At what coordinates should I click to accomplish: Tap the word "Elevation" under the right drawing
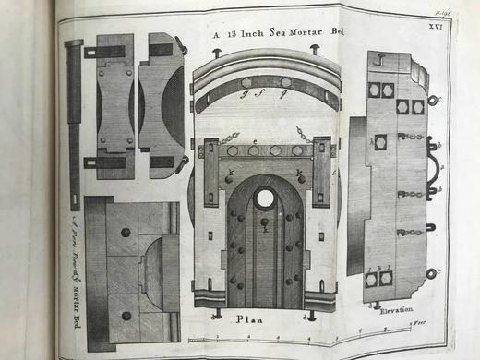pyautogui.click(x=396, y=311)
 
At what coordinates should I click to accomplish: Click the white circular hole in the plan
pyautogui.click(x=265, y=197)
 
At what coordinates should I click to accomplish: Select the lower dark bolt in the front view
pyautogui.click(x=126, y=315)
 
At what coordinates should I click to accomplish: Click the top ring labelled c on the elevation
pyautogui.click(x=431, y=100)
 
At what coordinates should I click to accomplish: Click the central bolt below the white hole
pyautogui.click(x=264, y=222)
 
